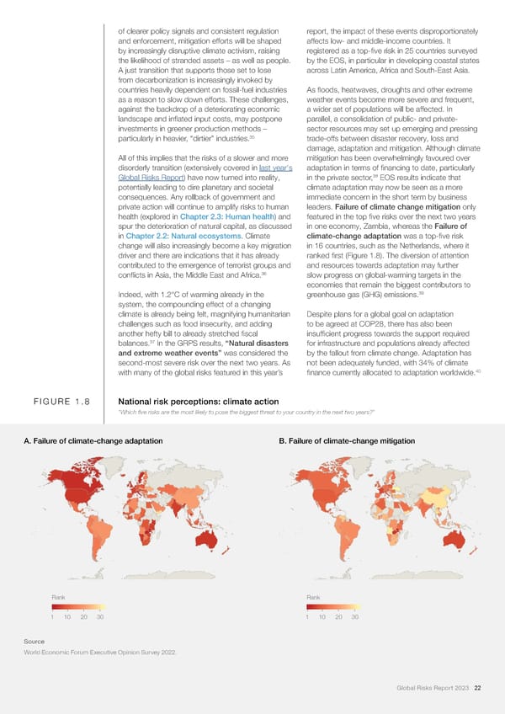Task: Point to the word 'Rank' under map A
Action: click(x=59, y=597)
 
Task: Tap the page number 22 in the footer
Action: click(x=477, y=690)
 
